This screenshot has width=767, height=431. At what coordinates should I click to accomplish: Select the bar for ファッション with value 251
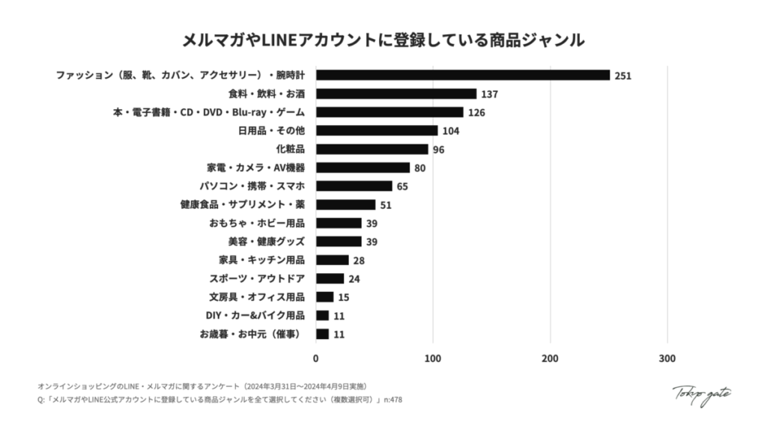coord(463,76)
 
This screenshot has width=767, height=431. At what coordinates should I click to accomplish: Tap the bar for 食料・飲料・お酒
coord(396,94)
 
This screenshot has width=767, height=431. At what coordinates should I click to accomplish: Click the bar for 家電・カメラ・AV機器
coord(363,168)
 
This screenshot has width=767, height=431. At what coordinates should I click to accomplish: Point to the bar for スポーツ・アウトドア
coord(330,278)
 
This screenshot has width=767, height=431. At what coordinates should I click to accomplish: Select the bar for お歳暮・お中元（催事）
coord(322,334)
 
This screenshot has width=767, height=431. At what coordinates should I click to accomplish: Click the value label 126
coord(477,112)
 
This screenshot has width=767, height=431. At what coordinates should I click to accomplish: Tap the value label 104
coord(450,131)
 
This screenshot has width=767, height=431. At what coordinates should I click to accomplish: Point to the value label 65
coord(402,186)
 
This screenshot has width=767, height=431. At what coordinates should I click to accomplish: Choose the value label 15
coord(343,297)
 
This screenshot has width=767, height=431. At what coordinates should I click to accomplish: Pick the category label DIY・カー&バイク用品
coord(255,315)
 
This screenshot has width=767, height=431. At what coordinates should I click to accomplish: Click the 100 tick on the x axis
coord(432,358)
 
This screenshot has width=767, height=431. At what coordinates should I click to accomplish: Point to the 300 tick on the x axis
coord(667,358)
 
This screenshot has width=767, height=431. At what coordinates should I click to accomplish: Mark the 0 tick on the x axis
coord(315,358)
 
